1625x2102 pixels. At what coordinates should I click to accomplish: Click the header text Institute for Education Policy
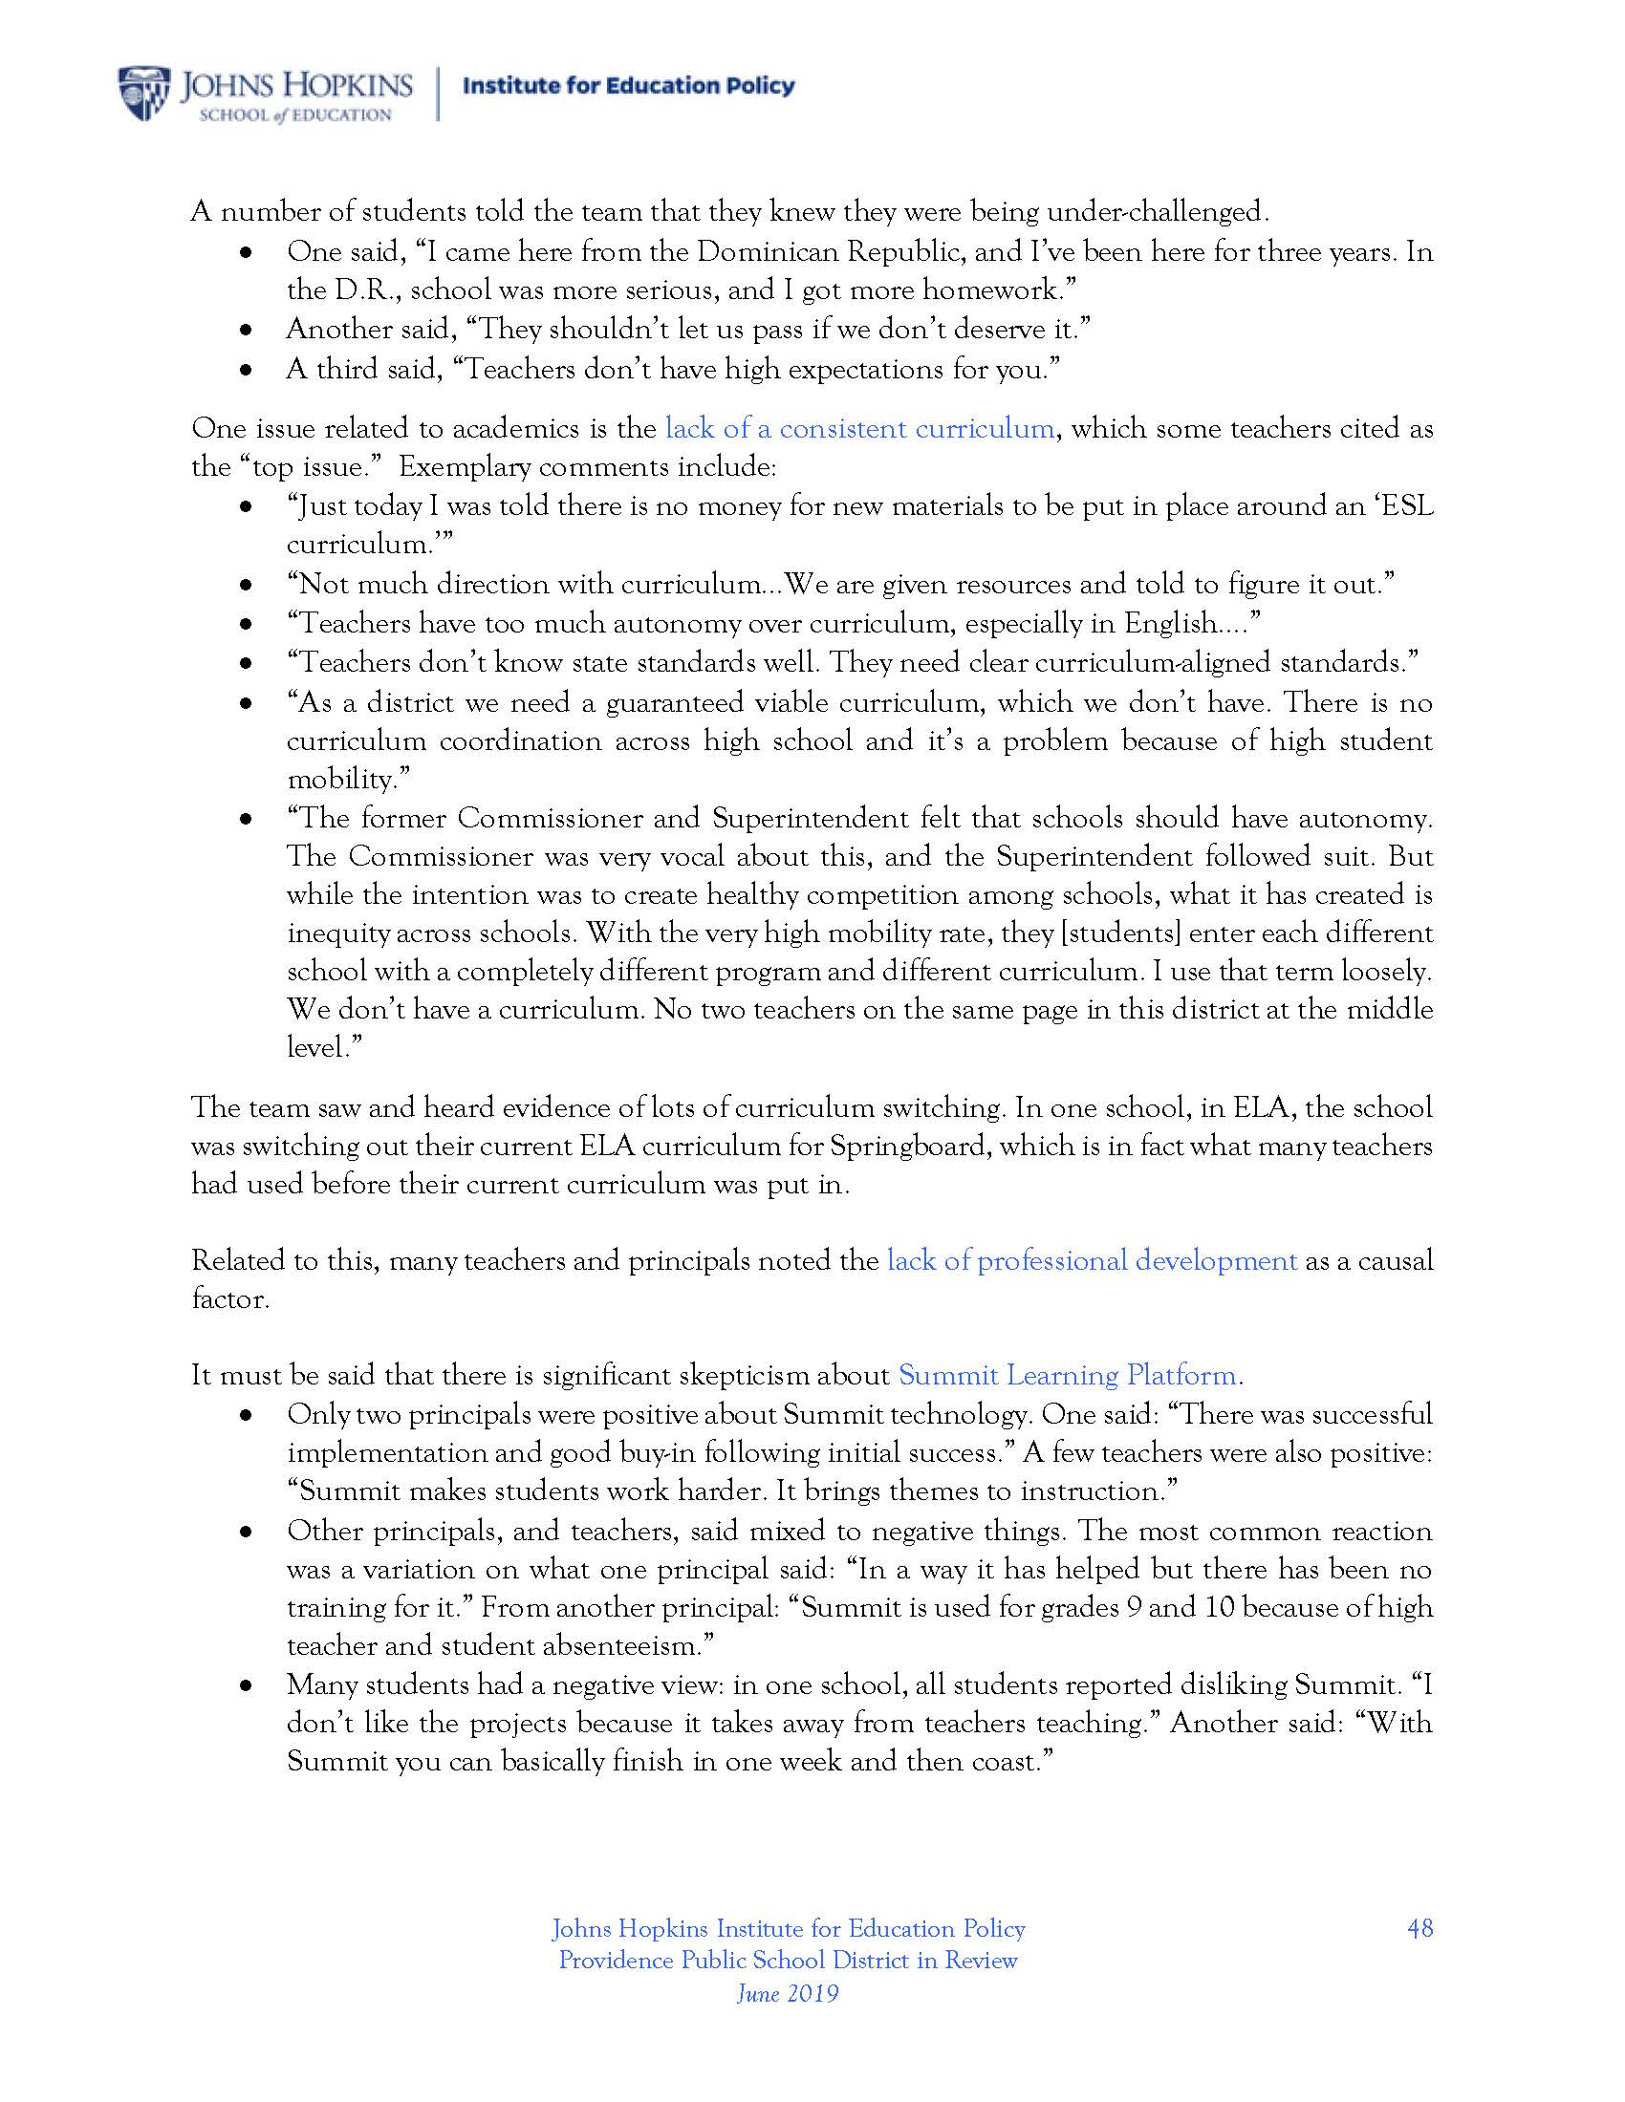coord(629,86)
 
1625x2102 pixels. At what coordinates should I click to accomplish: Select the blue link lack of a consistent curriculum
coord(858,428)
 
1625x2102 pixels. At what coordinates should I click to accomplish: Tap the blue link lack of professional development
coord(1092,1261)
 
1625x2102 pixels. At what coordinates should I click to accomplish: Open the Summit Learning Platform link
coord(1068,1375)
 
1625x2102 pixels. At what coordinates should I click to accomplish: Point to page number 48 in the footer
coord(1419,1928)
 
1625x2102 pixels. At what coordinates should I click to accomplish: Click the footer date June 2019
coord(788,1992)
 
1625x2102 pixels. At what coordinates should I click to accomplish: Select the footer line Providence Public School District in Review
coord(788,1961)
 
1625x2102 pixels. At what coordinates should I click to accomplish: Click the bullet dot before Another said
coord(247,331)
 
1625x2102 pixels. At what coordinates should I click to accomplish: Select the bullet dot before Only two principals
coord(247,1416)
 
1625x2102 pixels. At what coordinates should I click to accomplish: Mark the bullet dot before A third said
coord(247,370)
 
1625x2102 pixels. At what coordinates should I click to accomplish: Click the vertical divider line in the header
coord(438,94)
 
